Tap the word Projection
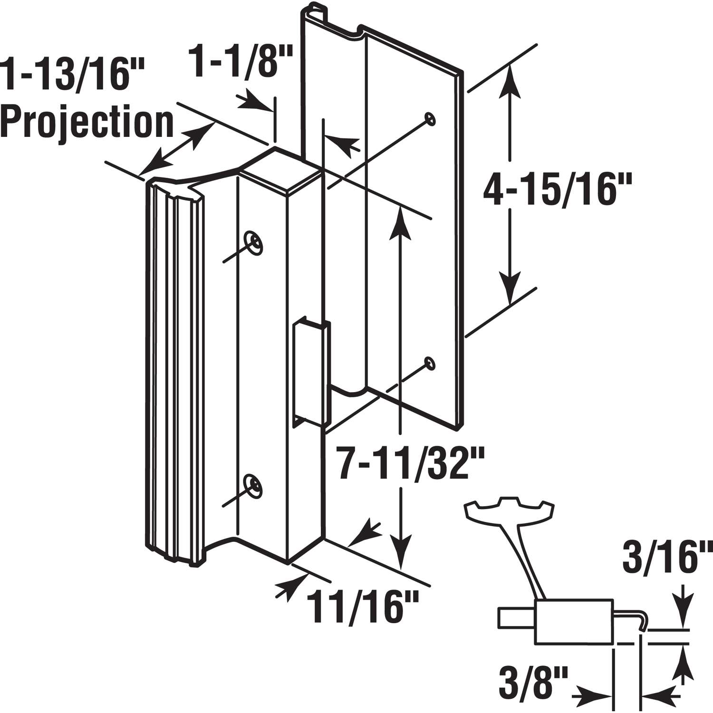coord(87,122)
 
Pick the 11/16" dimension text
coord(362,607)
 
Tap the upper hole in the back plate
coord(431,118)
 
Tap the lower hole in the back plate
coord(430,363)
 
